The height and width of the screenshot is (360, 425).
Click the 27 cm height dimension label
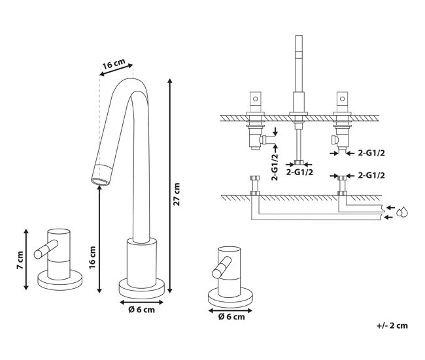pos(177,194)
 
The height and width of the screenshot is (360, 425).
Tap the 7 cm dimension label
pos(20,260)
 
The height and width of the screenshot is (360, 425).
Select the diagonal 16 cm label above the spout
pos(114,64)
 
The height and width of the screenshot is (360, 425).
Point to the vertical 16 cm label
pos(92,257)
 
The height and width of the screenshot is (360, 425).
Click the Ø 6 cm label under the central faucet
pos(141,310)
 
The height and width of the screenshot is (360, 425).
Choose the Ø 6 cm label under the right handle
pos(231,317)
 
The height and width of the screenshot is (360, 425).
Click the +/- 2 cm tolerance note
pos(392,325)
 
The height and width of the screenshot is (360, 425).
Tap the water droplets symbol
pos(402,212)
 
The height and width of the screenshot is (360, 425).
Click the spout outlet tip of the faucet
pos(100,182)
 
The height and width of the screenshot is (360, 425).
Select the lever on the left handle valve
pos(46,249)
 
